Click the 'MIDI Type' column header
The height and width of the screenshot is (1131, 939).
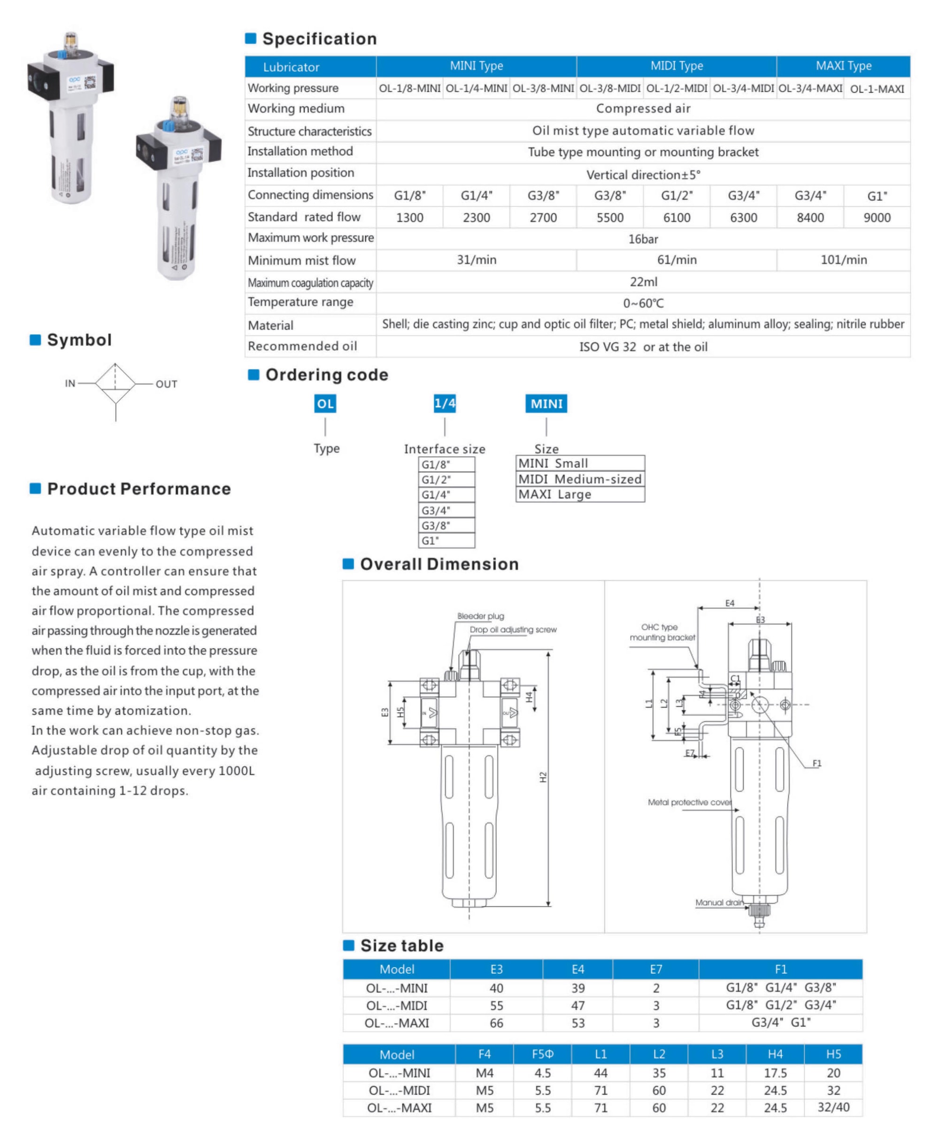point(676,66)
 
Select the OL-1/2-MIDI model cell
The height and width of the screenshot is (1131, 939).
point(676,88)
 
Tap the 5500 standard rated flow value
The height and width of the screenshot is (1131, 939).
point(609,217)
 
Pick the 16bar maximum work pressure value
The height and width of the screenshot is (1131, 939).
point(643,239)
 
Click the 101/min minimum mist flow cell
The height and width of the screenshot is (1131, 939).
point(843,260)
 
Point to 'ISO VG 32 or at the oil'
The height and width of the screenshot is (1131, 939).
point(643,347)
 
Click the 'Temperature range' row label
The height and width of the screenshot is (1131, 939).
point(300,302)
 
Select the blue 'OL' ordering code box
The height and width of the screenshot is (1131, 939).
point(325,403)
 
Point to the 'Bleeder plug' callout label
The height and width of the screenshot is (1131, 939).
point(480,616)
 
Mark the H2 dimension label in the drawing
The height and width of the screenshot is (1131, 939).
point(543,777)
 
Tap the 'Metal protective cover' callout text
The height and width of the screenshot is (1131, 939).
point(690,802)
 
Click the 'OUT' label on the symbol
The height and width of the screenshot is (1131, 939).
point(167,384)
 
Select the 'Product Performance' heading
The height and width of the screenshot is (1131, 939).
point(139,488)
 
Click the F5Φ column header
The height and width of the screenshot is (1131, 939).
point(542,1054)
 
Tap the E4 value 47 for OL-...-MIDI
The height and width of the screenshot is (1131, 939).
point(577,1006)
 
